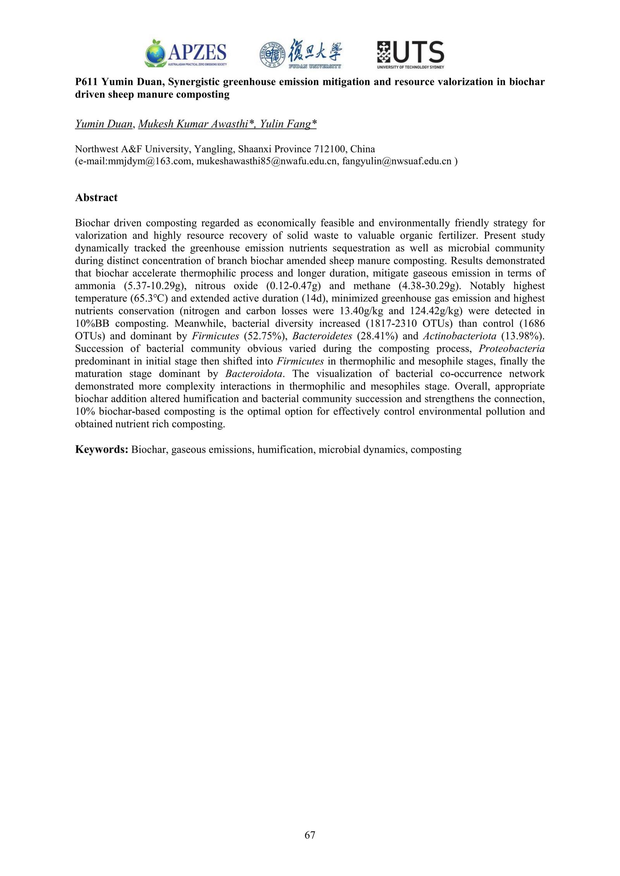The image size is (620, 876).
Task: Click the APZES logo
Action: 186,54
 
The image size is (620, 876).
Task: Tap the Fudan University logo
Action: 301,54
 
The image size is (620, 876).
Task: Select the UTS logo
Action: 410,55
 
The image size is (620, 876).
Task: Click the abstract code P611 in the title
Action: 86,82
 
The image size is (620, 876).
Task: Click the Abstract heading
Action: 96,198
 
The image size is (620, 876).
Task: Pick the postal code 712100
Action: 329,149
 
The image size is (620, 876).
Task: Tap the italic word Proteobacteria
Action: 511,349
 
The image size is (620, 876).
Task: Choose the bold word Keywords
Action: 101,450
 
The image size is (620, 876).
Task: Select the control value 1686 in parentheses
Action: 533,323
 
